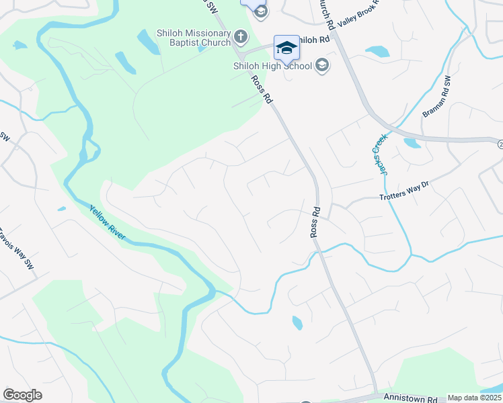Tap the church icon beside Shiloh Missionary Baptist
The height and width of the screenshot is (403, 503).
[x=241, y=35]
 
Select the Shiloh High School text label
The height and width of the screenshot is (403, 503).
[x=272, y=66]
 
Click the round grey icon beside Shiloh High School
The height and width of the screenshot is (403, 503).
[x=322, y=65]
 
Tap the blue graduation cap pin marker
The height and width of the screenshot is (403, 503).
[x=286, y=47]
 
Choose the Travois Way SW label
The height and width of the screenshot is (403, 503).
[x=17, y=249]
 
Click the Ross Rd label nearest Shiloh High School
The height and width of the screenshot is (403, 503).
[x=263, y=89]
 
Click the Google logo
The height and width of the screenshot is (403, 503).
[x=22, y=394]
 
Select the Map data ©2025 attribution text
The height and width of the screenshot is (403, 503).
[x=474, y=398]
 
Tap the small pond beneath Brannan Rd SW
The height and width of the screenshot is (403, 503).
[x=412, y=143]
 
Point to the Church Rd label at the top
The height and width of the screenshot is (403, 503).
[x=325, y=13]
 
